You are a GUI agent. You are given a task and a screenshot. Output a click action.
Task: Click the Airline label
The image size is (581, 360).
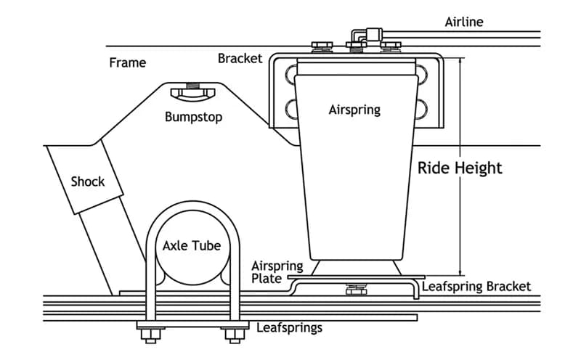pyautogui.click(x=463, y=22)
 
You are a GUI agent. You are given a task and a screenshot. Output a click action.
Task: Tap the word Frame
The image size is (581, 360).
pyautogui.click(x=127, y=62)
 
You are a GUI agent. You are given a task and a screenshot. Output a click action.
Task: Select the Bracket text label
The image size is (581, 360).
pyautogui.click(x=240, y=58)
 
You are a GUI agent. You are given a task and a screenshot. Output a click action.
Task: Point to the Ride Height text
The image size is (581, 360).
pyautogui.click(x=460, y=168)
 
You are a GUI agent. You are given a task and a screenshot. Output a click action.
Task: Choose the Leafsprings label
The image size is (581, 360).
pyautogui.click(x=289, y=327)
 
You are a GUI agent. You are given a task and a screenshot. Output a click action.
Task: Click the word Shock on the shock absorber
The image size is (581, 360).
pyautogui.click(x=88, y=181)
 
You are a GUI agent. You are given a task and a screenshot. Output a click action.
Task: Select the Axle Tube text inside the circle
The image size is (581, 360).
pyautogui.click(x=191, y=245)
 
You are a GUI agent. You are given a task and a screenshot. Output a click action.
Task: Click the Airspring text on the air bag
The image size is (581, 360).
pyautogui.click(x=354, y=110)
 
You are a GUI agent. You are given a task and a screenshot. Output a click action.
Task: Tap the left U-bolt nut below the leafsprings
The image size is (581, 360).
pyautogui.click(x=148, y=335)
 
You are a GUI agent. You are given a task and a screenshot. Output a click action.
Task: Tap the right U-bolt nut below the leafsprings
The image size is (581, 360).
pyautogui.click(x=234, y=335)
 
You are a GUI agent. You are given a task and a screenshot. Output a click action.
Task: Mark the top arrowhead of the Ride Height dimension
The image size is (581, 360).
pyautogui.click(x=460, y=61)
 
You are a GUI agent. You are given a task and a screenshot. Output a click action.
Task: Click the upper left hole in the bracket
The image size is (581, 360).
pyautogui.click(x=292, y=75)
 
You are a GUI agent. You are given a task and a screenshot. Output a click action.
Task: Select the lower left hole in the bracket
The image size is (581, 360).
pyautogui.click(x=292, y=108)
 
